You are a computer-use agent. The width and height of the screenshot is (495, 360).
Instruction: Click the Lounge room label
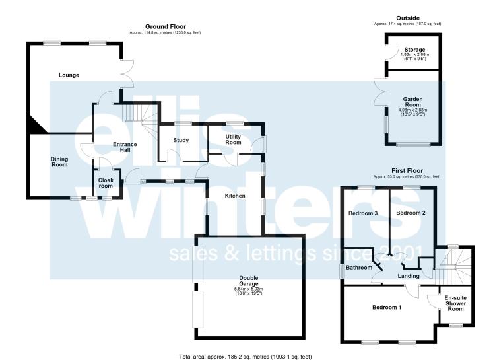tap(69, 75)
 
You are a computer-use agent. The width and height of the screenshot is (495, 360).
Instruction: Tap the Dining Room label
tap(59, 162)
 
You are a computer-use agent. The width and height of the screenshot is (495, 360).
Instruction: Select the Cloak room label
tap(106, 183)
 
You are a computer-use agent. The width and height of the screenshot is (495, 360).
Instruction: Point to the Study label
tap(181, 140)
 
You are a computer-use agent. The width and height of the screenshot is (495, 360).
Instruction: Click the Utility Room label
tap(233, 139)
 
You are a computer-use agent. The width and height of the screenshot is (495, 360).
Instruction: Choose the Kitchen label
tap(235, 196)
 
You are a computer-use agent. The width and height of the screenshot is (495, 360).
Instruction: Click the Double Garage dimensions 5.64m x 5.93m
tap(249, 289)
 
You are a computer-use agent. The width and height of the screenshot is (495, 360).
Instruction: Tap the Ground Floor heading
tap(166, 27)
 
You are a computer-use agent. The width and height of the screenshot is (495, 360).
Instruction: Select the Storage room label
tap(415, 50)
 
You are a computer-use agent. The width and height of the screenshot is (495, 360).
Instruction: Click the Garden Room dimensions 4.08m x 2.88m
tap(413, 110)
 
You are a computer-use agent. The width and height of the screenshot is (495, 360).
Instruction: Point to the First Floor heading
tap(407, 171)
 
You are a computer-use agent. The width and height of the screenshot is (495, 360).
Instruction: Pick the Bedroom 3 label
tap(363, 213)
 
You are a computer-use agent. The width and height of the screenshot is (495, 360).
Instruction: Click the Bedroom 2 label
tap(411, 213)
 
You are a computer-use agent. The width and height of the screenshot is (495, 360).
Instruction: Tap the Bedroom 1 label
tap(387, 308)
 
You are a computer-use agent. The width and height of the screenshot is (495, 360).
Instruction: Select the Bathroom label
tap(359, 268)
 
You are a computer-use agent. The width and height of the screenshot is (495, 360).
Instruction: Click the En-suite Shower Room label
tap(455, 303)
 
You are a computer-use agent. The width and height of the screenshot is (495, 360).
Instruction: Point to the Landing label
tap(409, 276)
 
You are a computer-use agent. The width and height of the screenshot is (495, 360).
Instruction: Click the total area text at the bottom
tap(246, 357)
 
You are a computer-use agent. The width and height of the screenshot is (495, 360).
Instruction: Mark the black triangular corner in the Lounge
tap(36, 125)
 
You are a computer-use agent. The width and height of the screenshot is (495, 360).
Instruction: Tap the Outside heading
tap(408, 18)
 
